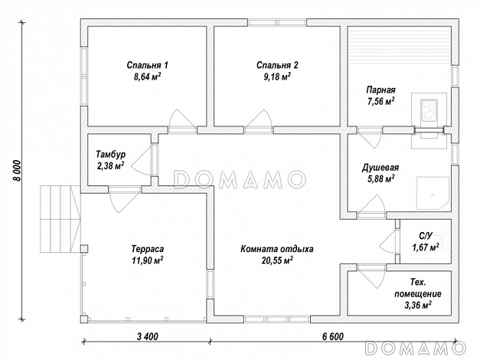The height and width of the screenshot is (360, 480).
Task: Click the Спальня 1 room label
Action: click(x=147, y=65)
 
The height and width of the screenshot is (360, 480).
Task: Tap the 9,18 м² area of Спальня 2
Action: click(x=277, y=77)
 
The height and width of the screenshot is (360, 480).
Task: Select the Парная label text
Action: click(x=380, y=90)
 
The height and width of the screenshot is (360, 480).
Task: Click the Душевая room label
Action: click(x=380, y=168)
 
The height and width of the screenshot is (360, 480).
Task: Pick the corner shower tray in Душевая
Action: click(x=433, y=193)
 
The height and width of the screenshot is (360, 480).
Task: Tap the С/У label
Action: click(x=426, y=236)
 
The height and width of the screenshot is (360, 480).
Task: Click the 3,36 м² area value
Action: click(x=418, y=305)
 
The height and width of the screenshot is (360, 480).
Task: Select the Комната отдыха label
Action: click(x=276, y=249)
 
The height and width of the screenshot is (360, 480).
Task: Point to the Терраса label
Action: click(x=147, y=249)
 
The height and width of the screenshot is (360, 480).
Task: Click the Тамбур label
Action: click(x=110, y=154)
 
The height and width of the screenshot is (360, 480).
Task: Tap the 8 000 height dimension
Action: click(x=17, y=170)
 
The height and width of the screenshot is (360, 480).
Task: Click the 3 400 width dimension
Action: click(x=147, y=336)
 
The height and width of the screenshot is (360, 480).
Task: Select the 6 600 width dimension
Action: click(x=333, y=336)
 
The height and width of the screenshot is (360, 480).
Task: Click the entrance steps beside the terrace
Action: click(x=60, y=219)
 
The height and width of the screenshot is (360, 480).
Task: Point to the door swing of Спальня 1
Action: click(x=182, y=120)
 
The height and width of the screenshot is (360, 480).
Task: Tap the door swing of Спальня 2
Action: click(x=258, y=120)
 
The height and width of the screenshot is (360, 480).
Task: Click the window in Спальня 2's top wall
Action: click(x=277, y=22)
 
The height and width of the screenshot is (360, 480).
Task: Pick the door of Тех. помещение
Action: click(x=372, y=275)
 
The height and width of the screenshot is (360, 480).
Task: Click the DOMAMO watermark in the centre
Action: click(x=240, y=179)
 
